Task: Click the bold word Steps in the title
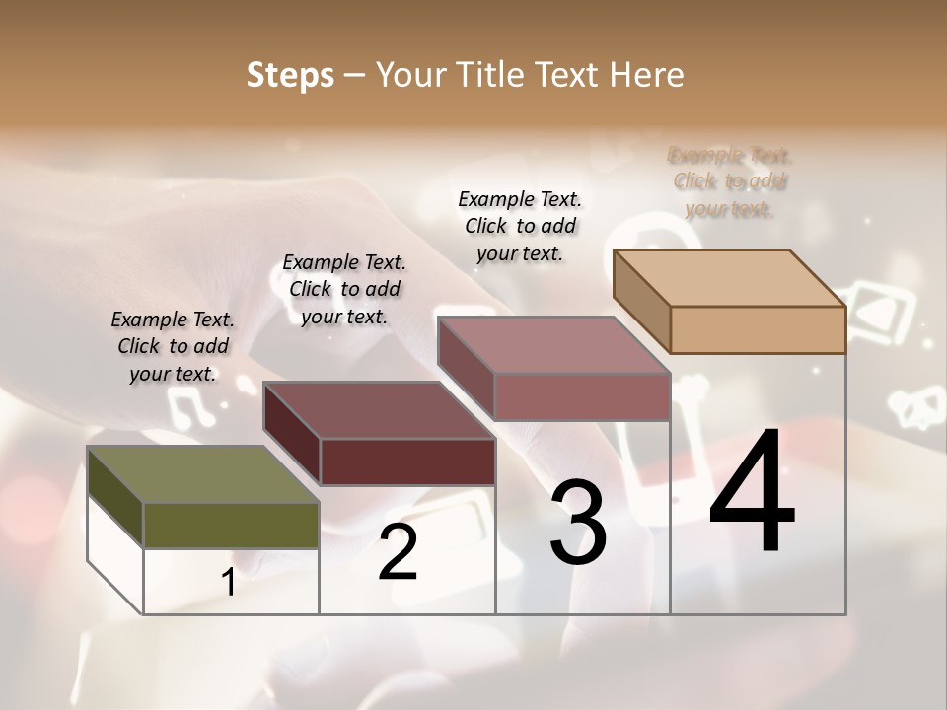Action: coord(290,75)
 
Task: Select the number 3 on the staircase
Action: coord(578,523)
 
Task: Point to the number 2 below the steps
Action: coord(398,552)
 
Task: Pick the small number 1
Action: coord(229,582)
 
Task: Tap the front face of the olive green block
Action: coord(232,525)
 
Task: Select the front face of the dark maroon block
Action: coord(407,461)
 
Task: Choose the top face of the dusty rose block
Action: coord(552,345)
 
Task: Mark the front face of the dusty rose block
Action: coord(582,396)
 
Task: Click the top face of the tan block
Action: coord(728,278)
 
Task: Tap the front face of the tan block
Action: coord(758,329)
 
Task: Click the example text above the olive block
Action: coord(173,346)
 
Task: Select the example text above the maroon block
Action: coord(344,289)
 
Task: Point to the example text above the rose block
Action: coord(520,226)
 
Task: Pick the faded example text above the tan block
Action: coord(730,181)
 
